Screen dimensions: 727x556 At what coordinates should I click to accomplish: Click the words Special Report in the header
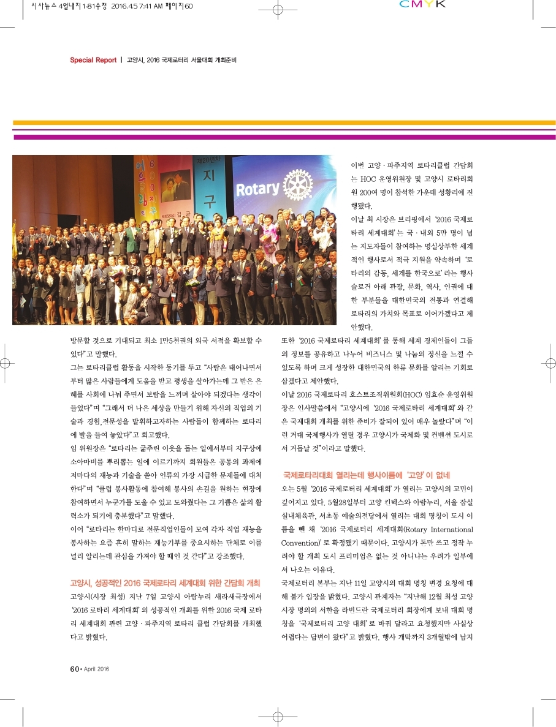point(93,60)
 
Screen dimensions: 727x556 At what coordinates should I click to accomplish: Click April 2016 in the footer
point(96,669)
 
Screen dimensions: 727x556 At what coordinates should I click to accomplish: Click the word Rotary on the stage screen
point(257,189)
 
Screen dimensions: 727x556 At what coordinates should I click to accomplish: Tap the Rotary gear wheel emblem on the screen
point(298,184)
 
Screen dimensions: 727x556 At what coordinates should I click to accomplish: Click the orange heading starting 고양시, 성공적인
point(166,582)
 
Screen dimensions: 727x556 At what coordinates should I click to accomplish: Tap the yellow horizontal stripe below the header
point(284,122)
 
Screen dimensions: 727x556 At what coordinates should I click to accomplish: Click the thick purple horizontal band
point(284,137)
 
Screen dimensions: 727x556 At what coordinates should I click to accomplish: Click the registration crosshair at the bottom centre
point(276,717)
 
